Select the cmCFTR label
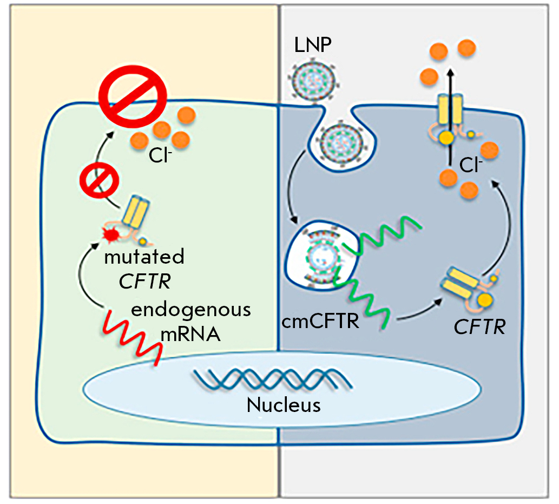pyautogui.click(x=320, y=323)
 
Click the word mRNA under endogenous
pyautogui.click(x=190, y=333)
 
